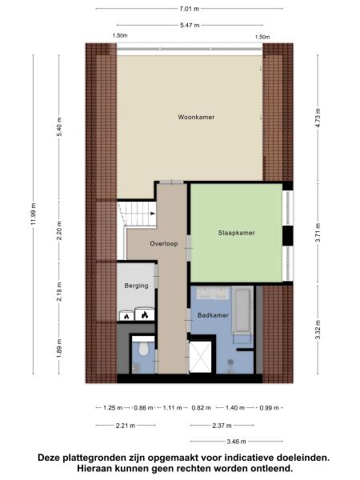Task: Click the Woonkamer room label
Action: click(190, 118)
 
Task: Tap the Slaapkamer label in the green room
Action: click(236, 233)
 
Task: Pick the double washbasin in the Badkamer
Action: click(211, 294)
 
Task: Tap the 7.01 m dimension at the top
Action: click(189, 9)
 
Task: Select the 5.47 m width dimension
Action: click(189, 26)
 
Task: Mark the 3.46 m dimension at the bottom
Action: click(234, 441)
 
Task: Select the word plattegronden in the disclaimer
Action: click(99, 458)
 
